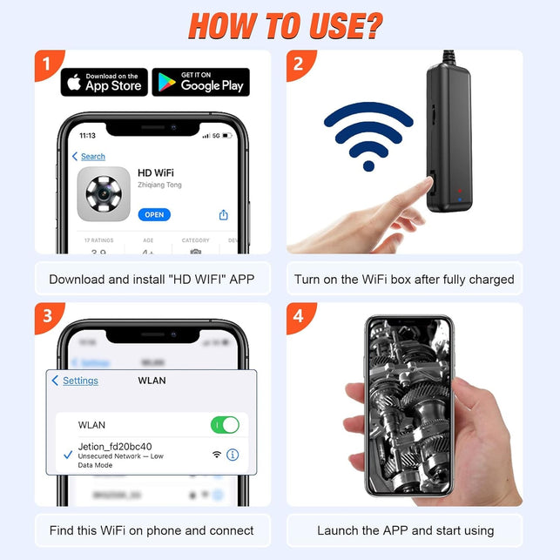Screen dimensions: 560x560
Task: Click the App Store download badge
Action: (105, 82)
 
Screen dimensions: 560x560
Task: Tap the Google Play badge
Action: (200, 82)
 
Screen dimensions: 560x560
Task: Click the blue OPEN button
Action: (154, 214)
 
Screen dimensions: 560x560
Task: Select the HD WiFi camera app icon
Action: (104, 193)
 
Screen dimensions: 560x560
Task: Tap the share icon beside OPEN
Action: (224, 214)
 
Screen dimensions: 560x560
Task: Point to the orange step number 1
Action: (48, 64)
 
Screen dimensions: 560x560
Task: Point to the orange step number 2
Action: (300, 64)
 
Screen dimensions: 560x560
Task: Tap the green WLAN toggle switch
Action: (225, 425)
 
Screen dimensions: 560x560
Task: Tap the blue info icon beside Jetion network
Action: (233, 455)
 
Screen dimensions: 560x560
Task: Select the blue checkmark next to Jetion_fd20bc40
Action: (67, 455)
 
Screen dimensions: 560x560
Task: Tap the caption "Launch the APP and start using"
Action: (405, 530)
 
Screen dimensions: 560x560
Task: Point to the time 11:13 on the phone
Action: (88, 136)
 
